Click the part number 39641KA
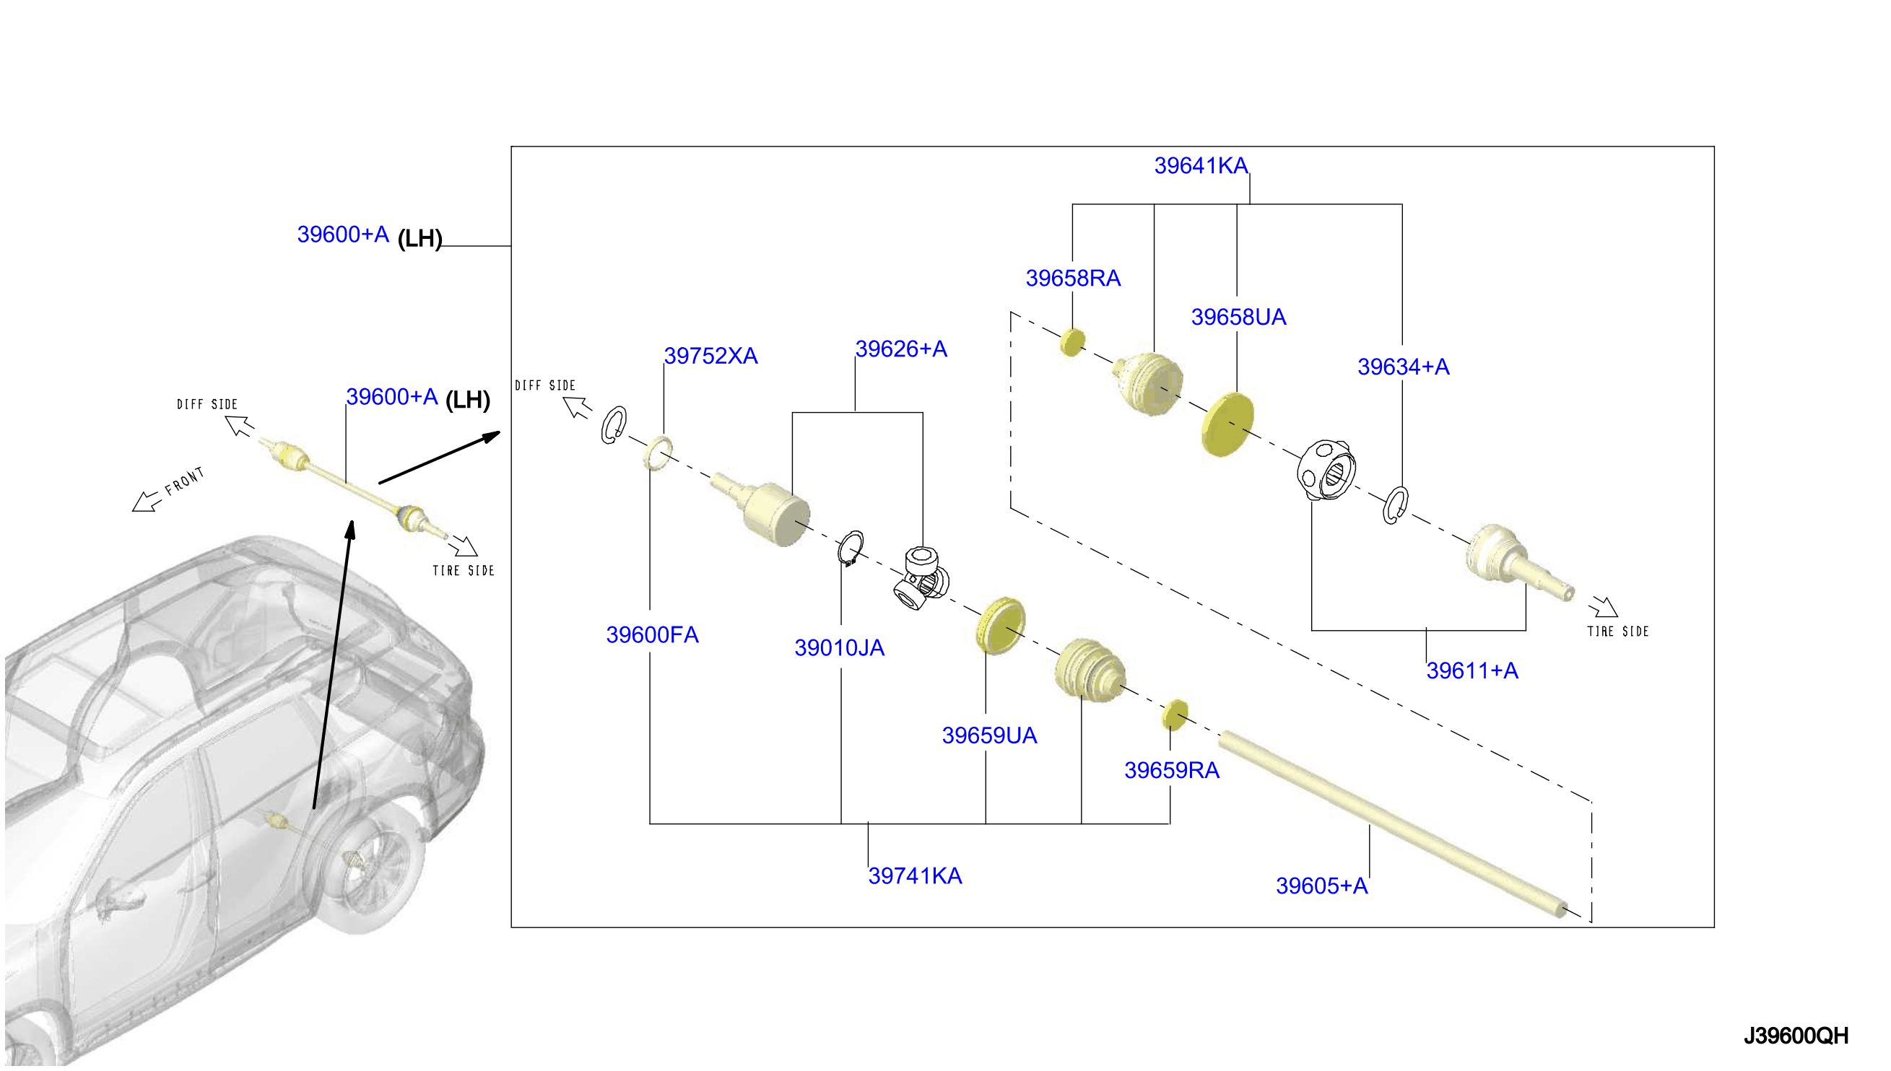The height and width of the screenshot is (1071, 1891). [x=1201, y=165]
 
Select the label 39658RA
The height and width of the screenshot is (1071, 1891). [x=1073, y=278]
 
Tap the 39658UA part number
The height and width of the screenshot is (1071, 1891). [x=1238, y=317]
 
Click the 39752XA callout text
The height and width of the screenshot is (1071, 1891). [x=710, y=356]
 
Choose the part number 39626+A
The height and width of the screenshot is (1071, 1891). [x=900, y=349]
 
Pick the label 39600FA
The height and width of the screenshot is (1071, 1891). [x=652, y=635]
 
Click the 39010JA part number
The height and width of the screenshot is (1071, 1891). [x=839, y=648]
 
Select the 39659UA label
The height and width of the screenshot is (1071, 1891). [x=989, y=735]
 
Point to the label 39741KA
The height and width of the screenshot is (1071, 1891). [x=915, y=876]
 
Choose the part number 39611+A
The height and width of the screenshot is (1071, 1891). [x=1471, y=671]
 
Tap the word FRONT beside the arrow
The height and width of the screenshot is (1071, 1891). [x=184, y=481]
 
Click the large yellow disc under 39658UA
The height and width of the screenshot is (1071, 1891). [x=1227, y=424]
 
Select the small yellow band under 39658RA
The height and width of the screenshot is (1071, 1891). [x=1072, y=342]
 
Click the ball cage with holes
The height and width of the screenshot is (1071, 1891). [x=1325, y=470]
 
